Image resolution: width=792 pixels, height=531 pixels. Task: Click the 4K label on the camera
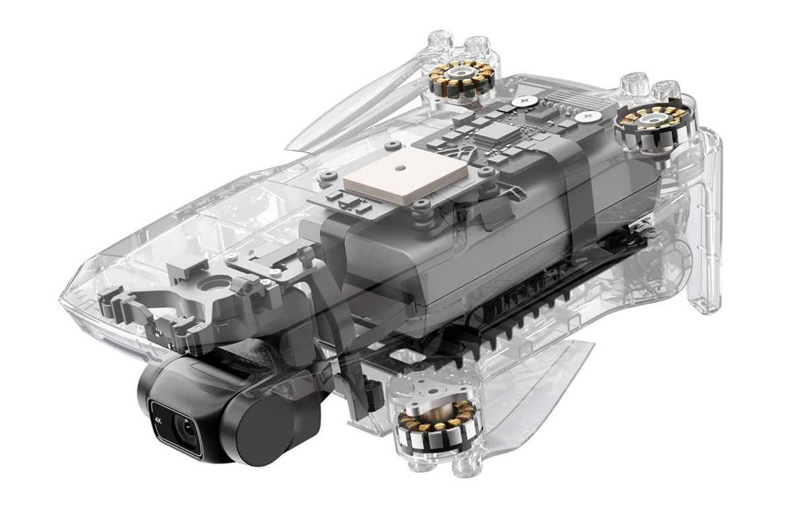[158, 421]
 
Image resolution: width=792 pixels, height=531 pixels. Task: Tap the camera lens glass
[186, 429]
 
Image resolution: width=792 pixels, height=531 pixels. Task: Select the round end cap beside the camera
[265, 431]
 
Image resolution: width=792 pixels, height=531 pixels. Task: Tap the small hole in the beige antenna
[399, 167]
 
